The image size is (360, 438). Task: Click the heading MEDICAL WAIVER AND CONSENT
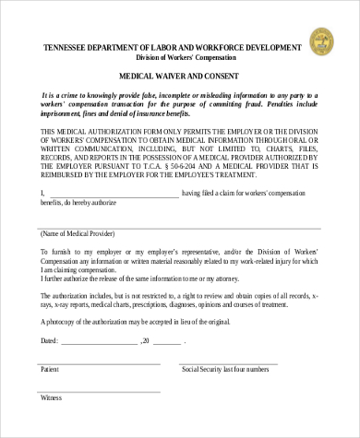[180, 76]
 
